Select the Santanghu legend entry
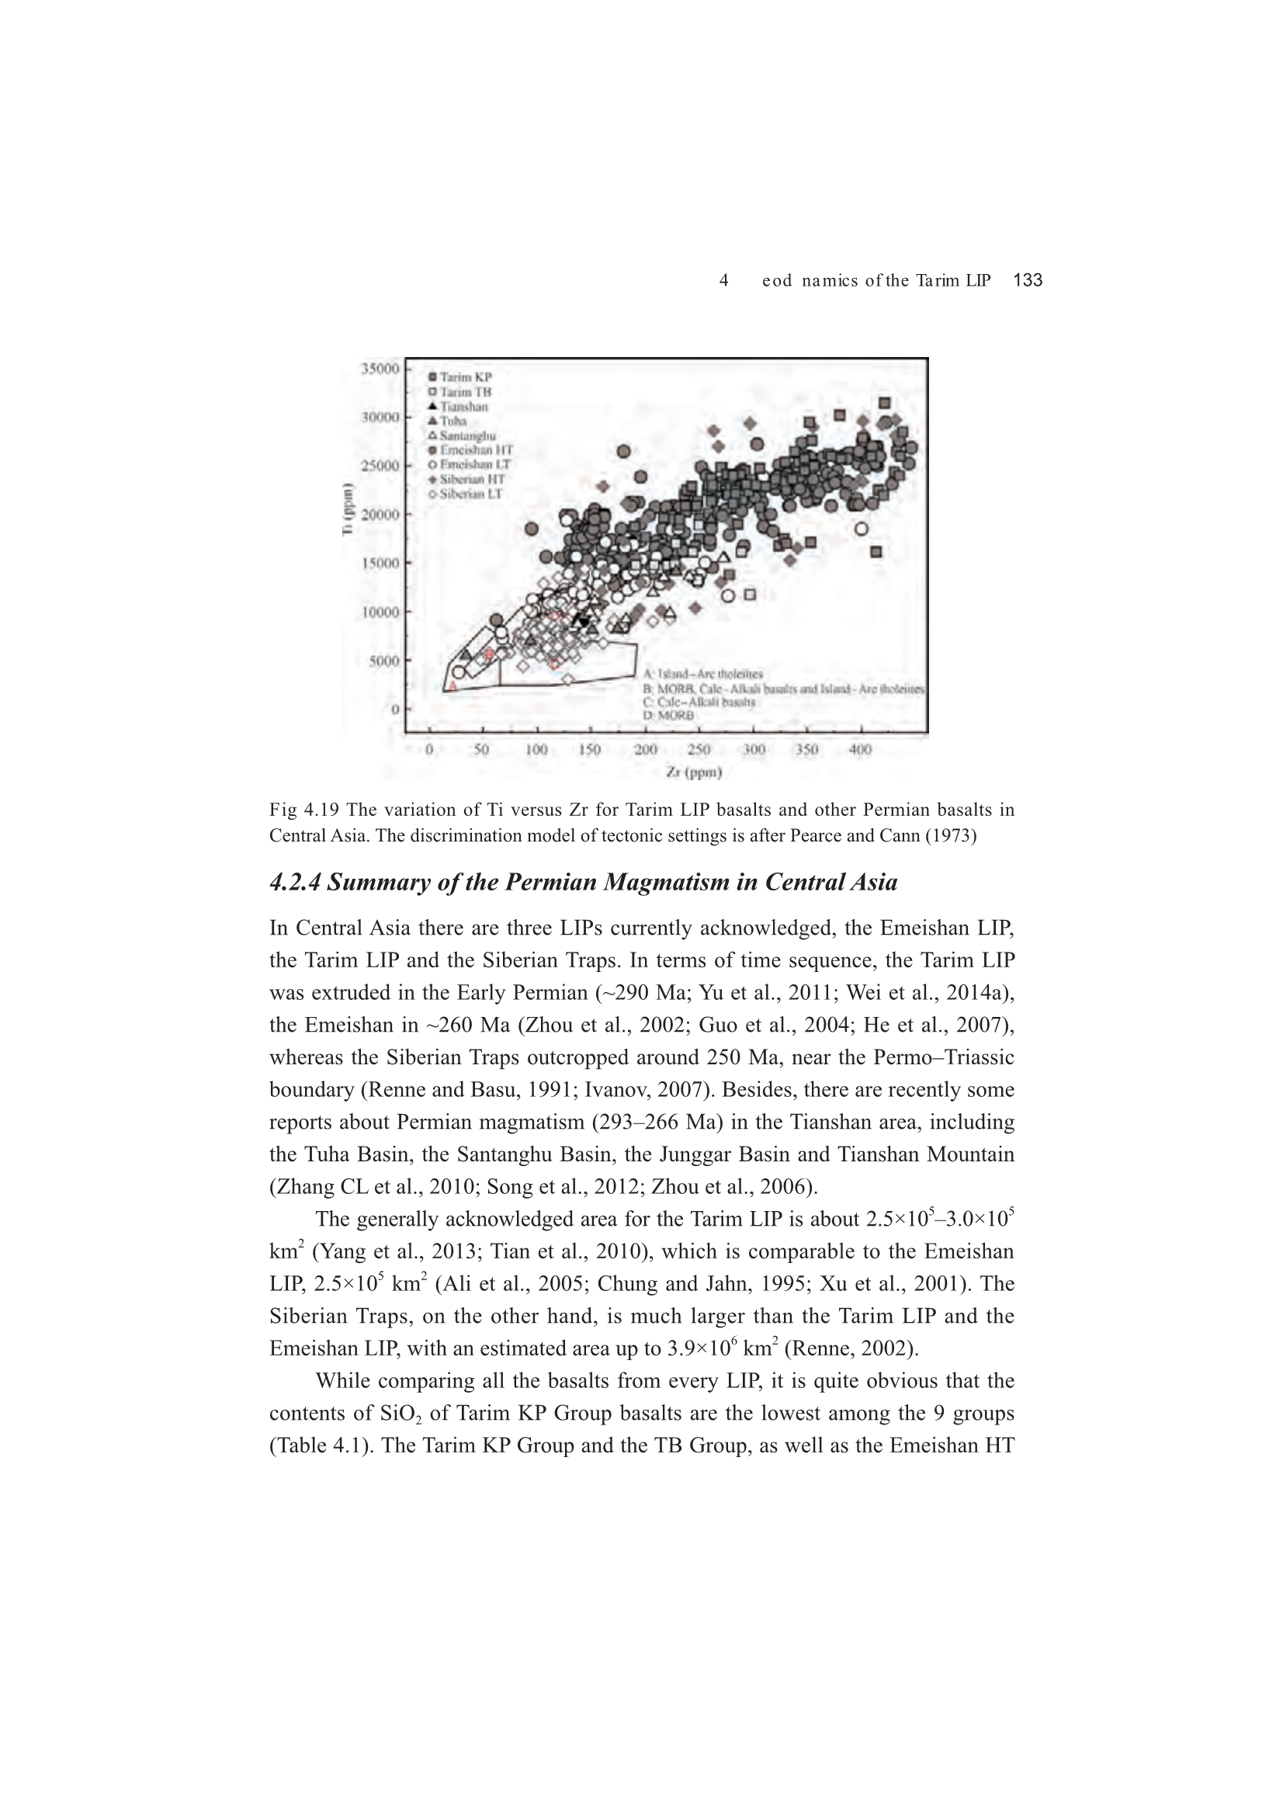click(467, 436)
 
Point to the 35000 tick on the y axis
click(380, 369)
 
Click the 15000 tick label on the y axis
click(380, 563)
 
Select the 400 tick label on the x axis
click(860, 749)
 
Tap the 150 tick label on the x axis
click(590, 749)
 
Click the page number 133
click(1028, 279)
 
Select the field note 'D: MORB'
click(669, 716)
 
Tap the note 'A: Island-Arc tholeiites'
click(702, 674)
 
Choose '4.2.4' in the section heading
click(295, 882)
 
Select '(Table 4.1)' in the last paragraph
click(318, 1445)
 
